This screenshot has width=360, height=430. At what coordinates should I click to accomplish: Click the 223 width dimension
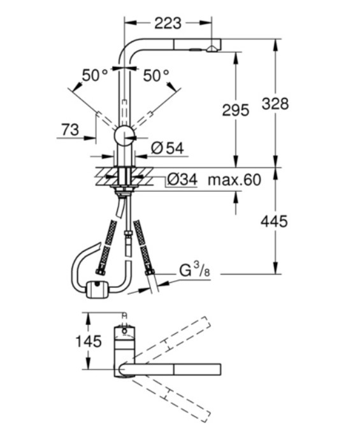tap(168, 23)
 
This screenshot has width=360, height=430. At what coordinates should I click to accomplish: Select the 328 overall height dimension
tap(275, 103)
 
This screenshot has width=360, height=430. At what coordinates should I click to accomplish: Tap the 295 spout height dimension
tap(235, 110)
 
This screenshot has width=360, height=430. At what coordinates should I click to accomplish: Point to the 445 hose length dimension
tap(274, 221)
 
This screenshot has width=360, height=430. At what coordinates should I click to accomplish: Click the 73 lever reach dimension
tap(70, 129)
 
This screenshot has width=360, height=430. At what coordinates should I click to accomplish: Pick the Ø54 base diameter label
tap(168, 148)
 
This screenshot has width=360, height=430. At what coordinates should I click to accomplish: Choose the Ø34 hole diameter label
tap(182, 180)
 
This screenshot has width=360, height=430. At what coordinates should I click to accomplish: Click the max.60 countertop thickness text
tap(234, 180)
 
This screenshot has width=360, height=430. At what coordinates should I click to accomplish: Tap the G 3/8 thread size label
tap(194, 270)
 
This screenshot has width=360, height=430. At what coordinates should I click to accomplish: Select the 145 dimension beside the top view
tap(89, 341)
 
